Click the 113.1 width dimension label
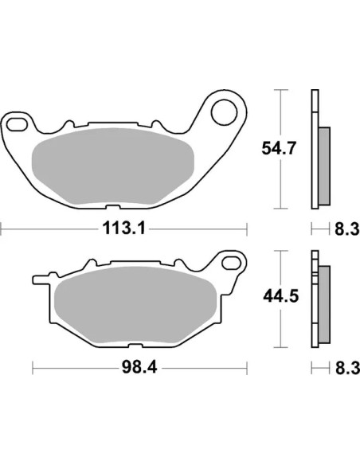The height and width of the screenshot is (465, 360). [x=124, y=229]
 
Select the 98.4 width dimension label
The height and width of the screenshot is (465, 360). [x=139, y=368]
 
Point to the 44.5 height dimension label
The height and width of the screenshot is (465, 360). [x=280, y=296]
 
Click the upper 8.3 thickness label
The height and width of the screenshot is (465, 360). [x=347, y=229]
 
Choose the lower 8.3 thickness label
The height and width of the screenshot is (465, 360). [x=347, y=368]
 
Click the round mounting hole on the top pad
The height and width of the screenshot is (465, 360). [x=224, y=112]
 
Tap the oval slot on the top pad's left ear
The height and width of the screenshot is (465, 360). [x=17, y=124]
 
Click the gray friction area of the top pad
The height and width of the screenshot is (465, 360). [x=112, y=166]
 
